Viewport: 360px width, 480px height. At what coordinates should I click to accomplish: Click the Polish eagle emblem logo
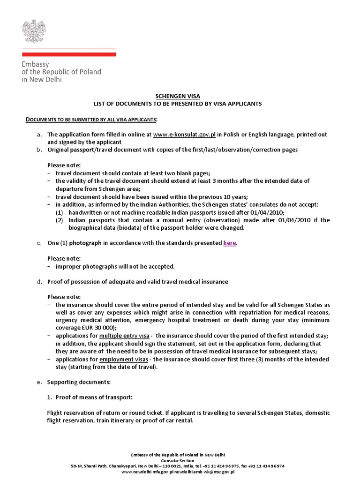point(32,31)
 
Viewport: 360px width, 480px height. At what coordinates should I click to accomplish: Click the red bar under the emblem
point(69,54)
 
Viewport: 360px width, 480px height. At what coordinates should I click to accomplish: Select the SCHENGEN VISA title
point(180,96)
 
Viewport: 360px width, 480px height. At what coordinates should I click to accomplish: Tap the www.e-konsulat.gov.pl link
point(184,135)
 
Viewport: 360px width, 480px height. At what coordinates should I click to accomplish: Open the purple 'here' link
point(229,243)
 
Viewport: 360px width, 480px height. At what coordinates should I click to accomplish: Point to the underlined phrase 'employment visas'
point(124,359)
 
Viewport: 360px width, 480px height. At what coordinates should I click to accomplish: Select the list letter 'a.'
point(39,135)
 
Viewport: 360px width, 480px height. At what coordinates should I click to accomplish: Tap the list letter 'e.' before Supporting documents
point(39,382)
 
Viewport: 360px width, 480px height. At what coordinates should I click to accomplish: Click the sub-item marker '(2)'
point(60,220)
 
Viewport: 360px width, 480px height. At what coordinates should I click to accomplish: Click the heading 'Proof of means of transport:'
point(94,397)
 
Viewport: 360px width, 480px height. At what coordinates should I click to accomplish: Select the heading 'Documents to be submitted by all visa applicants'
point(91,119)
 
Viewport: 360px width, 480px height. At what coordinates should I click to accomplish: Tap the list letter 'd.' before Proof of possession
point(39,282)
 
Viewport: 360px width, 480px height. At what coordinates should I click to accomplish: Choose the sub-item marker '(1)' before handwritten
point(60,212)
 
